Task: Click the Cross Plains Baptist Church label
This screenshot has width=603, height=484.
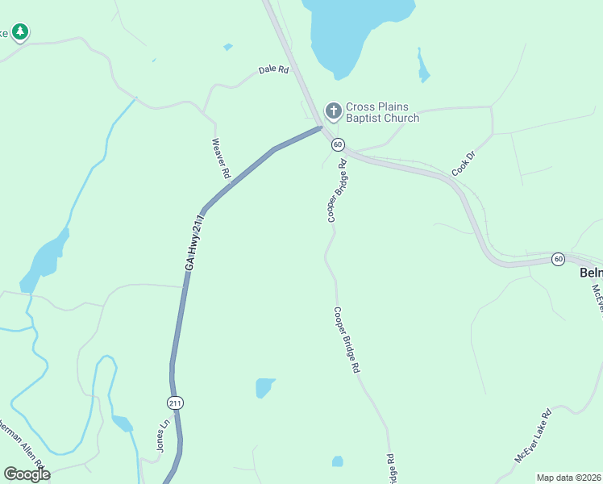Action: coord(382,113)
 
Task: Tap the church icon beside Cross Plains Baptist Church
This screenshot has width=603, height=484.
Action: coord(332,110)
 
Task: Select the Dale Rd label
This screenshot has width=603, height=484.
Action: coord(273,70)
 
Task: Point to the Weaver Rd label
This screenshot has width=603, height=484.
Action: coord(221,158)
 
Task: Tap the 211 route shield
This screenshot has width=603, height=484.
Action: coord(176,403)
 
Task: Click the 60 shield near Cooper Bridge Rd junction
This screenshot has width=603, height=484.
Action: coord(338,144)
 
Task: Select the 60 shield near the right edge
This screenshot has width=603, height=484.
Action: coord(558,259)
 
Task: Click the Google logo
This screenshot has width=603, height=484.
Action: coord(27,474)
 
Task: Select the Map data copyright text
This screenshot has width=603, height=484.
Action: coord(568,478)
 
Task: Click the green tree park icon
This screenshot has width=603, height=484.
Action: coord(20,32)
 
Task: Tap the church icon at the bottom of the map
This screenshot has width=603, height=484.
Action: coord(337,461)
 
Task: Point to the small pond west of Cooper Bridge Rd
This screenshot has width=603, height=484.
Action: coord(264,388)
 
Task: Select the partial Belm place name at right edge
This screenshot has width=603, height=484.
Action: coord(591,273)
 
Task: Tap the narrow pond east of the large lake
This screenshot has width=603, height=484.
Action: coord(422,66)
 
